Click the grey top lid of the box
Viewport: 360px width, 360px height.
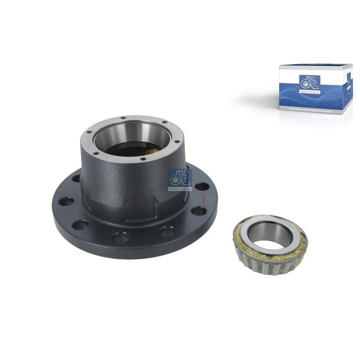pyautogui.click(x=316, y=67)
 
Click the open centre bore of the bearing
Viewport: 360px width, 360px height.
pyautogui.click(x=268, y=242)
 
